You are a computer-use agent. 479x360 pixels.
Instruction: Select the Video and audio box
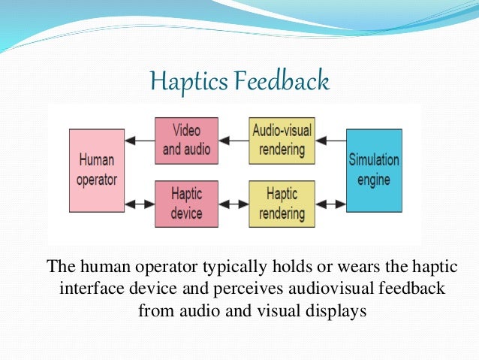coord(186,140)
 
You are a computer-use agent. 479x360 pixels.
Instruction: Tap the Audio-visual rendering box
coord(281,140)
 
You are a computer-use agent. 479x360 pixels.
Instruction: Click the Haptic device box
coord(186,204)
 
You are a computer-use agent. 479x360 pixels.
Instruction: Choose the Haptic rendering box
coord(281,204)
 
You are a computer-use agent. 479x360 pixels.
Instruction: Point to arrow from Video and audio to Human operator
coord(139,140)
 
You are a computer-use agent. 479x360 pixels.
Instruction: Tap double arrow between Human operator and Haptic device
coord(139,204)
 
